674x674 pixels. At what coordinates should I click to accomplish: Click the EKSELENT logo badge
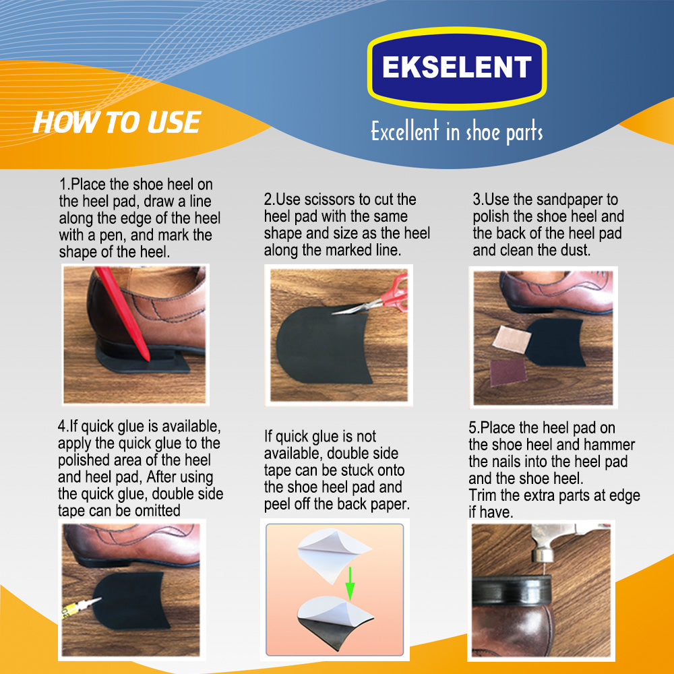click(x=457, y=68)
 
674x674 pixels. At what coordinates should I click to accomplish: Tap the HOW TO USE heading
click(x=117, y=122)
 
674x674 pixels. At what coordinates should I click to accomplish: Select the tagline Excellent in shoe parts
click(x=457, y=131)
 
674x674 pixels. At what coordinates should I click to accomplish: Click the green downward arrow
click(x=350, y=583)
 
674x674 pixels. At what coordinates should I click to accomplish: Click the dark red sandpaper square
click(x=508, y=372)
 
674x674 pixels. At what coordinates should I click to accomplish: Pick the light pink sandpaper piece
click(x=512, y=339)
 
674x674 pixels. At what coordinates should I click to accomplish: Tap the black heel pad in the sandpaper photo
click(x=555, y=342)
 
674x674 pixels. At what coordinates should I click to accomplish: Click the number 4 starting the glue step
click(x=62, y=427)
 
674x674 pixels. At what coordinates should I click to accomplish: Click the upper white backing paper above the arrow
click(x=334, y=555)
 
